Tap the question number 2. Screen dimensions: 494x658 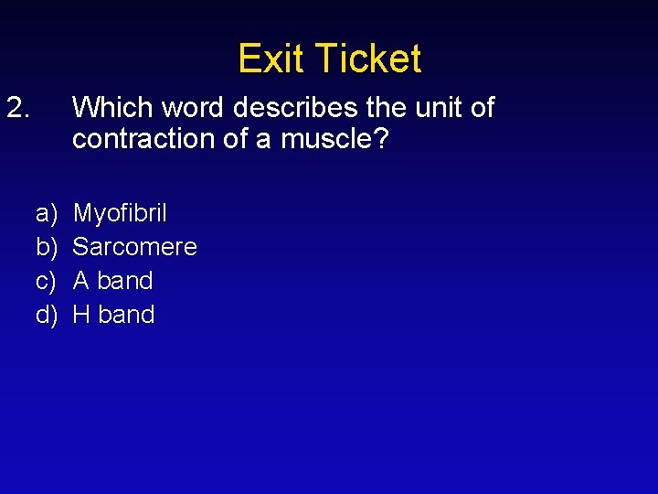coord(19,108)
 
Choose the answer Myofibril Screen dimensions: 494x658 coord(120,214)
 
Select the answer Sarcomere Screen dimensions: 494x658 coord(134,247)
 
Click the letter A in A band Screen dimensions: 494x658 coord(81,281)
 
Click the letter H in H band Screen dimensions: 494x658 coord(81,315)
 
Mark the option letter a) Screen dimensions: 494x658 coord(45,214)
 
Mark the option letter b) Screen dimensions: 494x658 coord(45,247)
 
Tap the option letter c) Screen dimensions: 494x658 coord(45,281)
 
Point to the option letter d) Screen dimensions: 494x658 coord(45,315)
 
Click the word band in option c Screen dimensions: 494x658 coord(124,281)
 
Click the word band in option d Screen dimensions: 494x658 coord(126,315)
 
